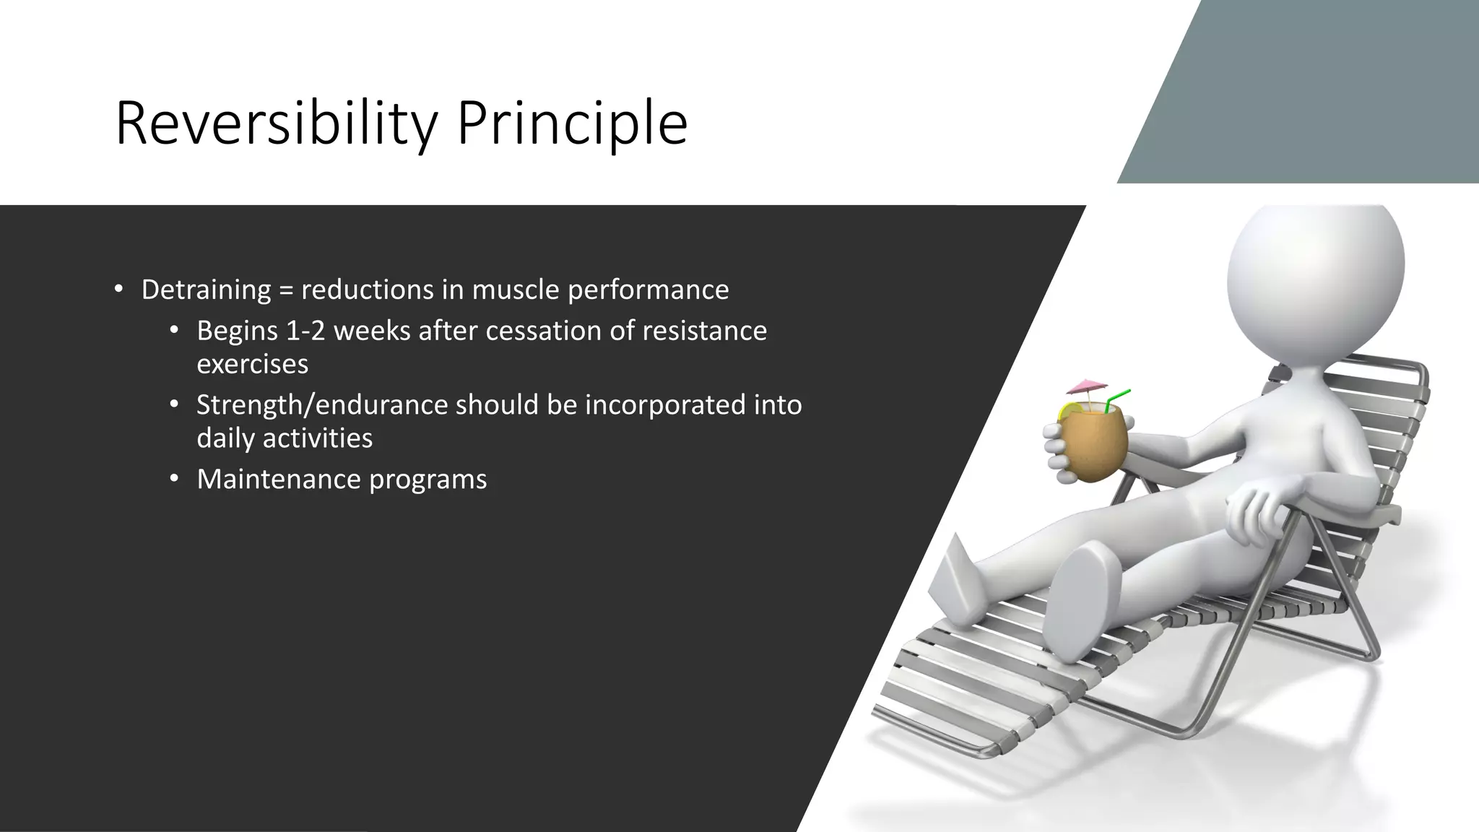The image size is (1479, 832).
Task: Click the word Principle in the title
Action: point(571,124)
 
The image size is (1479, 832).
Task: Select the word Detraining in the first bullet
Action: point(206,290)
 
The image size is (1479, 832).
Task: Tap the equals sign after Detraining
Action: point(286,290)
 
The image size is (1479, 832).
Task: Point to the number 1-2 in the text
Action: point(305,331)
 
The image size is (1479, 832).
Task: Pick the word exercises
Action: point(252,364)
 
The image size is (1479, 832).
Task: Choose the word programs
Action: point(428,480)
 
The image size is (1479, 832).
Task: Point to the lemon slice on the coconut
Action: point(1067,412)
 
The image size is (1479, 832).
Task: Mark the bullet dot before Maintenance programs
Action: point(173,480)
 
